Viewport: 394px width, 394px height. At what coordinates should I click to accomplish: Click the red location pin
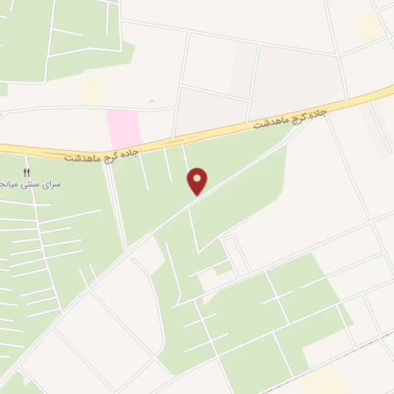tap(198, 181)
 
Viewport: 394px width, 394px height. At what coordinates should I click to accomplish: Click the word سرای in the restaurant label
tap(53, 185)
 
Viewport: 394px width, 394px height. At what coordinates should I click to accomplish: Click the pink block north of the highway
tap(122, 129)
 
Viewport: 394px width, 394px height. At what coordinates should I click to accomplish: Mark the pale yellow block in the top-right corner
tap(369, 28)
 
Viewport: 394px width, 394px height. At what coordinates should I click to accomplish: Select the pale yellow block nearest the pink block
tap(92, 92)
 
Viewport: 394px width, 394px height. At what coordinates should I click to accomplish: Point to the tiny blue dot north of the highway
tap(152, 101)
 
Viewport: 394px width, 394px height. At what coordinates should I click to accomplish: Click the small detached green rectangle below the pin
tap(222, 268)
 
